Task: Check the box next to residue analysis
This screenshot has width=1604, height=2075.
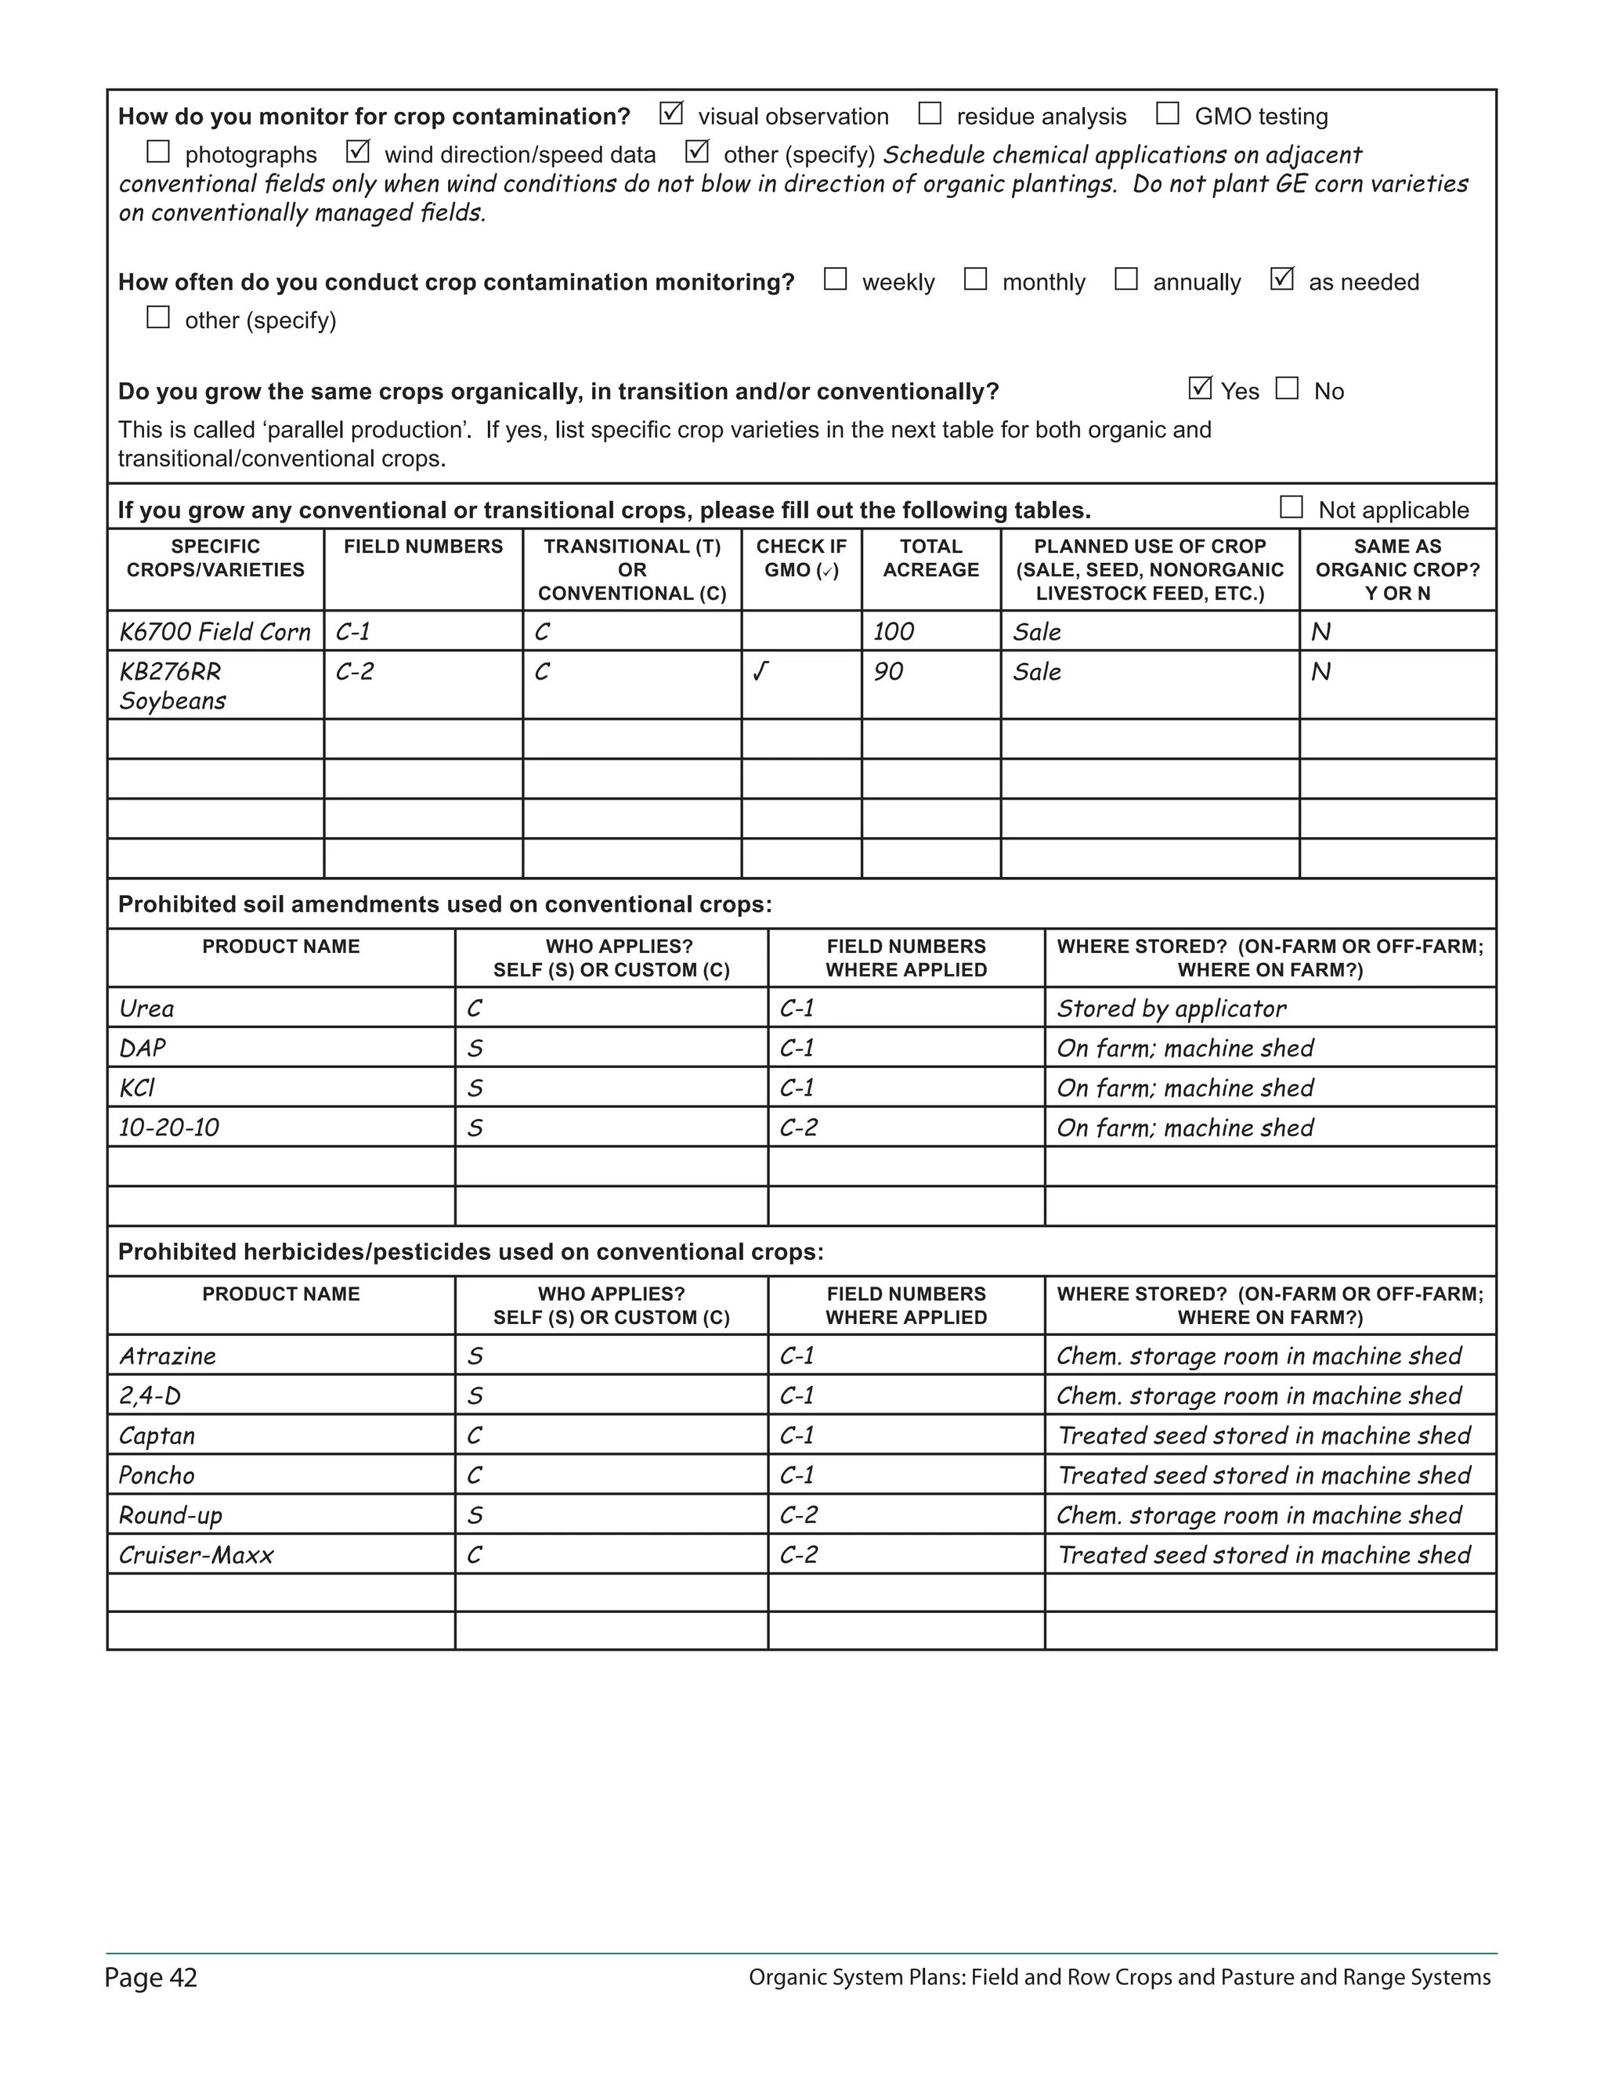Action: click(x=930, y=114)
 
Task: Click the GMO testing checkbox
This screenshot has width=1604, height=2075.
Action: click(x=1167, y=114)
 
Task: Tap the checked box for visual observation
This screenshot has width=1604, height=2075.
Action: click(x=671, y=114)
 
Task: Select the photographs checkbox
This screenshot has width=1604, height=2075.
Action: click(x=157, y=152)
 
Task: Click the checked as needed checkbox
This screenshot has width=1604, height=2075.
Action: click(x=1282, y=280)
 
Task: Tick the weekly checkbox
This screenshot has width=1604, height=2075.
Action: click(x=835, y=280)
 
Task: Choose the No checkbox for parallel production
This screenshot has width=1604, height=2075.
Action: click(x=1287, y=388)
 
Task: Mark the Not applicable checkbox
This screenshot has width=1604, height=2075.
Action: click(x=1291, y=507)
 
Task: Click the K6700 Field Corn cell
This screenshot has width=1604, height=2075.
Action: click(x=215, y=632)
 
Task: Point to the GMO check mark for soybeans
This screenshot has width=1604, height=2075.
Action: click(x=760, y=672)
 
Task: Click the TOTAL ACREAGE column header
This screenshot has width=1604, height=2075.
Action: click(x=930, y=558)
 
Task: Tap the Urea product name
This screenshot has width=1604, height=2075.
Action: click(x=146, y=1009)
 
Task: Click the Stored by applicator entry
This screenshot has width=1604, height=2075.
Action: click(x=1171, y=1009)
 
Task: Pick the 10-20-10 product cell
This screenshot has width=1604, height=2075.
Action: click(x=169, y=1128)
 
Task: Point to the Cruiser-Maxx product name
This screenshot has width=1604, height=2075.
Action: click(x=196, y=1555)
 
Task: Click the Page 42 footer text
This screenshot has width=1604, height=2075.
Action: click(x=151, y=1978)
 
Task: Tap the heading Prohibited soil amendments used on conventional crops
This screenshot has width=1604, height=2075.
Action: click(x=445, y=904)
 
